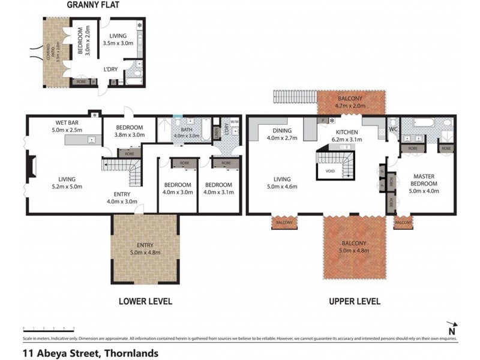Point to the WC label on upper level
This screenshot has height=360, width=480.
pyautogui.click(x=394, y=128)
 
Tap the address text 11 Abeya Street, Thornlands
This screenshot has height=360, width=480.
pyautogui.click(x=90, y=353)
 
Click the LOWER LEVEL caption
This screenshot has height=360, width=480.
pyautogui.click(x=145, y=301)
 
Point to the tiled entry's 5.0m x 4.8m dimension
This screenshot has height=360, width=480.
pyautogui.click(x=144, y=252)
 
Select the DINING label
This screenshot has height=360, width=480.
pyautogui.click(x=281, y=130)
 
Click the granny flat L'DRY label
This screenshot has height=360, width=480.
pyautogui.click(x=110, y=69)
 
